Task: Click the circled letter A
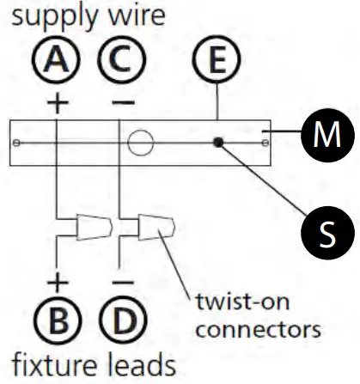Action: pyautogui.click(x=57, y=63)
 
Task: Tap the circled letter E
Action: pyautogui.click(x=221, y=63)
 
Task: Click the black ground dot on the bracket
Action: pyautogui.click(x=220, y=143)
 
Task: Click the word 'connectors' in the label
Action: pyautogui.click(x=257, y=328)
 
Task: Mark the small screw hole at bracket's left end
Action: pyautogui.click(x=17, y=143)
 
